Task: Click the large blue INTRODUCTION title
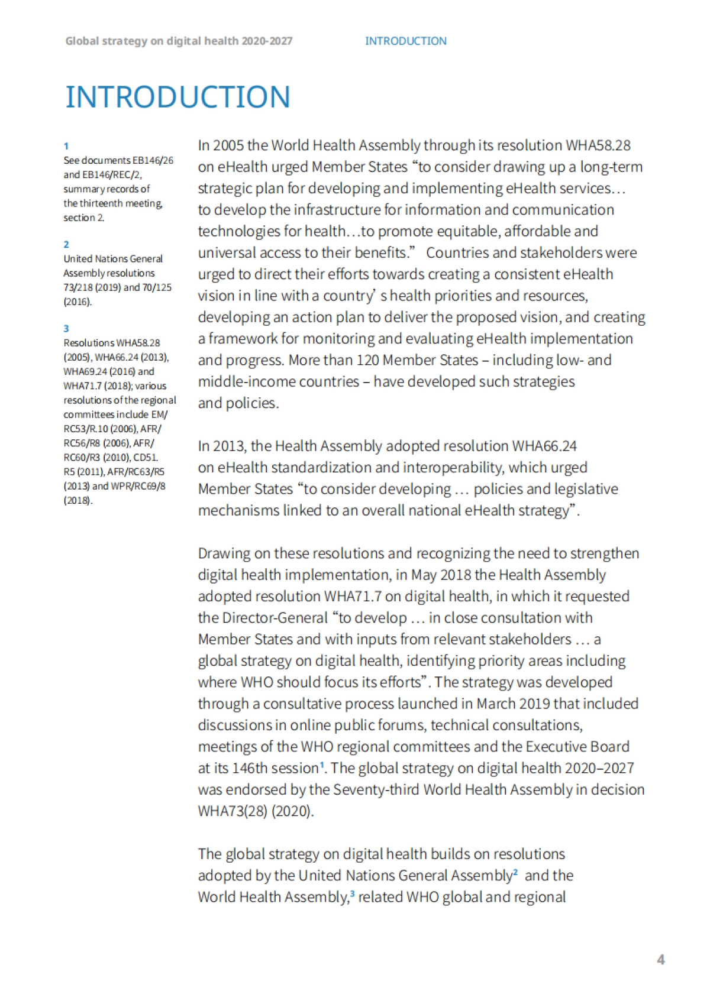177,97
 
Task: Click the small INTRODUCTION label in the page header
405,41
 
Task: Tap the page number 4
661,960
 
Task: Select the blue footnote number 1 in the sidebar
66,146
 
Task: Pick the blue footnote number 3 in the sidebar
66,329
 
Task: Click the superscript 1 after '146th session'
322,765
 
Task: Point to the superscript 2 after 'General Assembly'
515,872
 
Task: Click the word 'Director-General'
275,618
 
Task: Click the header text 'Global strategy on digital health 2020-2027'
179,41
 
